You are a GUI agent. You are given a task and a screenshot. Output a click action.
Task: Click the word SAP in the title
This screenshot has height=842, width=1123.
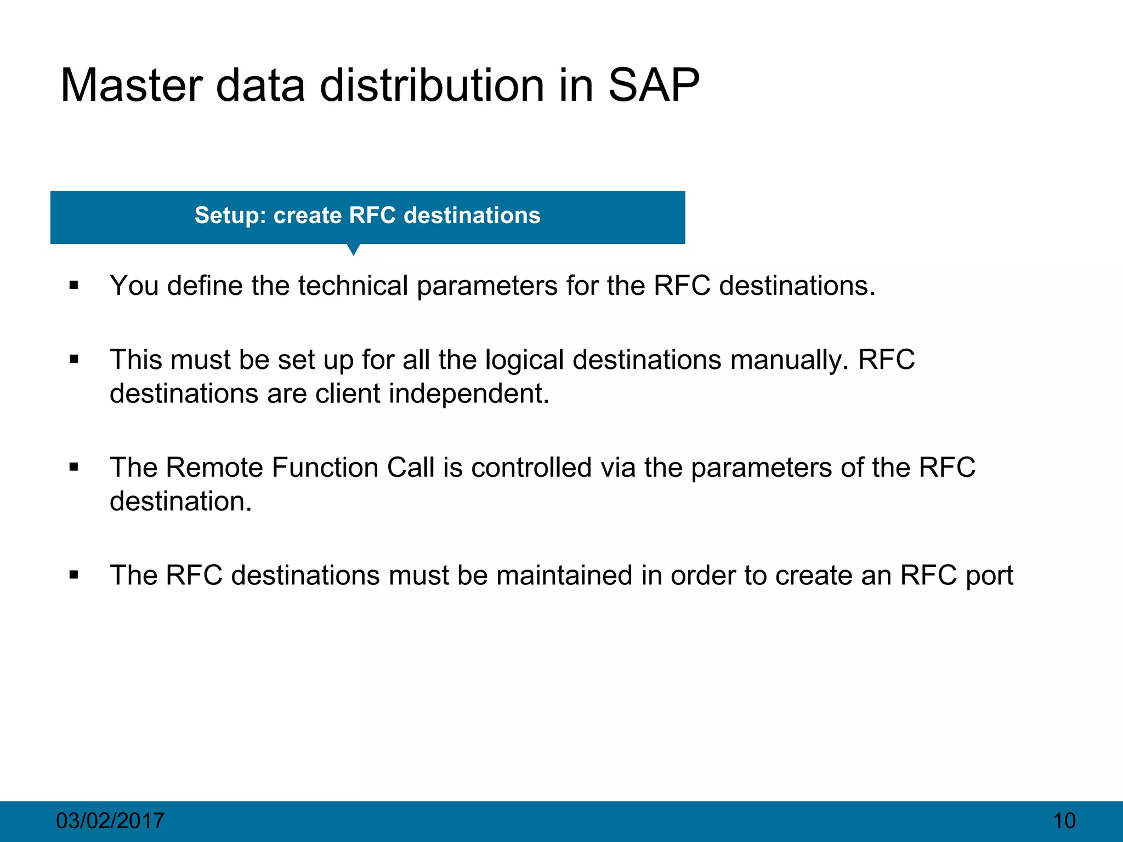tap(654, 86)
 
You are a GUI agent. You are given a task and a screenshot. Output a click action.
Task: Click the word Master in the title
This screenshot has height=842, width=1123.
tap(131, 86)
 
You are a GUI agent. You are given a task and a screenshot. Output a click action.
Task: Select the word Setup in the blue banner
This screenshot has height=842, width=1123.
tap(226, 215)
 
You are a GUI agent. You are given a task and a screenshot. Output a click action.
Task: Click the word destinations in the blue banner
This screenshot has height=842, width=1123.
tap(472, 215)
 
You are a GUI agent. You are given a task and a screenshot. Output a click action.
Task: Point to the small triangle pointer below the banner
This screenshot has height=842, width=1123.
tap(354, 249)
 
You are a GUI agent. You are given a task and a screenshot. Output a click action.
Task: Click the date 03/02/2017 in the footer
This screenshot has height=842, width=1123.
tap(110, 821)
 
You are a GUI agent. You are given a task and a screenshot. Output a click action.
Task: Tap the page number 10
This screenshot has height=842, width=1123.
tap(1064, 821)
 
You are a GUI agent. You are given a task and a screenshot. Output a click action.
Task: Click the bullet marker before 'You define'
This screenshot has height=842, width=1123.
tap(74, 286)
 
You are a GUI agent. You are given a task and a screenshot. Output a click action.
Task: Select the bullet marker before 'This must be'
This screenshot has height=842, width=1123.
tap(74, 360)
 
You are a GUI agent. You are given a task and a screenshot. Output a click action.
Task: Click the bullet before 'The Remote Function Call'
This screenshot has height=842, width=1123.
tap(74, 468)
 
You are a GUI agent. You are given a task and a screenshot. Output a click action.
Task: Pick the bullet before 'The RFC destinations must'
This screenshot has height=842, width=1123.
tap(74, 575)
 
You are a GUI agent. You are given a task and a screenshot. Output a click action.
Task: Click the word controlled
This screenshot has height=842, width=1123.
tap(531, 468)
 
